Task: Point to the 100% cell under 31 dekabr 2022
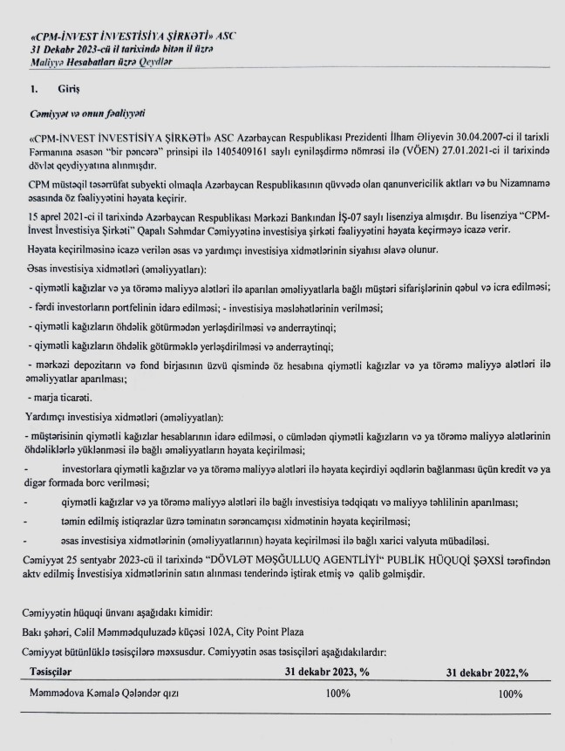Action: click(510, 694)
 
